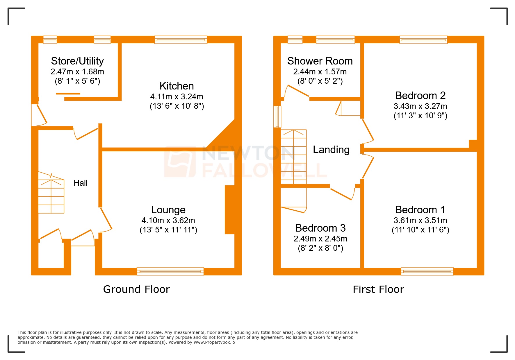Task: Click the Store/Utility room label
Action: [x=77, y=61]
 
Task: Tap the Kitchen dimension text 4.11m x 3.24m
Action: [x=177, y=96]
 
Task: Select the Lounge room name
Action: [x=168, y=210]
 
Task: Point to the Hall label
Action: [x=81, y=183]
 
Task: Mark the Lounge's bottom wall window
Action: [x=170, y=271]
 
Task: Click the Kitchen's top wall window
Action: [x=181, y=40]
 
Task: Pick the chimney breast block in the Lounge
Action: [x=230, y=209]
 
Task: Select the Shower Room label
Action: [x=320, y=61]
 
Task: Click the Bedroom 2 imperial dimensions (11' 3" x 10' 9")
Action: [x=420, y=116]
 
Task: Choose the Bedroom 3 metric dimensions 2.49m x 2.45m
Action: [x=320, y=239]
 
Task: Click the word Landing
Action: [x=331, y=150]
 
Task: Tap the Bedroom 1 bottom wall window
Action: [x=427, y=271]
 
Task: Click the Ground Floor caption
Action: [x=136, y=289]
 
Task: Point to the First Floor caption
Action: [x=378, y=289]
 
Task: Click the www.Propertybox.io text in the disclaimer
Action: [x=214, y=342]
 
